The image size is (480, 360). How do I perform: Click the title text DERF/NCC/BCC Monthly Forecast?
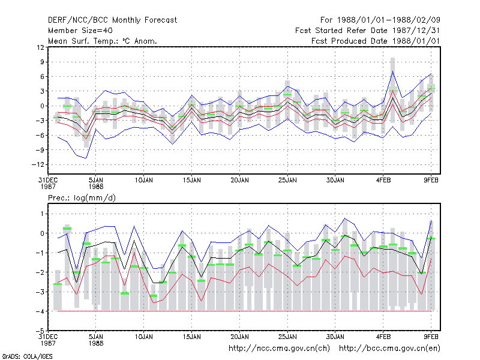coord(112,20)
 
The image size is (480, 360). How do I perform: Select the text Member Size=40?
coord(80,31)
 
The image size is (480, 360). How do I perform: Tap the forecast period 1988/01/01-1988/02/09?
coord(389,20)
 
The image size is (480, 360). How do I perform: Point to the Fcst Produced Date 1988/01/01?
coord(376,41)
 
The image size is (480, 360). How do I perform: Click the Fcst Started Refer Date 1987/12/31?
coord(368,31)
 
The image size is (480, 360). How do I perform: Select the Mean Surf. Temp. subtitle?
coord(103,41)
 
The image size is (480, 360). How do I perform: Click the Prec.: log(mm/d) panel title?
coord(82,198)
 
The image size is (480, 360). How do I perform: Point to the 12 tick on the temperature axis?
coord(40,47)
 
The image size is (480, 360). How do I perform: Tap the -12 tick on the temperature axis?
coord(38,164)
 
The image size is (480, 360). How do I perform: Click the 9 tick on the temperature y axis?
coord(42,62)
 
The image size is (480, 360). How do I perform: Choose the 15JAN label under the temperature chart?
coord(192,181)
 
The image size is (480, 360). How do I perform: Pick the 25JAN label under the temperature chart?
coord(287,181)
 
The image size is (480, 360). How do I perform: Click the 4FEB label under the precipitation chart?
coord(383,337)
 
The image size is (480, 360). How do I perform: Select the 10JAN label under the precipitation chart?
coord(144,337)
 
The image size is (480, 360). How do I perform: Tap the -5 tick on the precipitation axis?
coord(40,331)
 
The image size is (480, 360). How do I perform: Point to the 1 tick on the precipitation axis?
coord(43,214)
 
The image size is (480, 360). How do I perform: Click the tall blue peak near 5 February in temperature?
coord(392,71)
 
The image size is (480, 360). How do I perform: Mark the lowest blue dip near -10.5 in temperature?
coord(86,158)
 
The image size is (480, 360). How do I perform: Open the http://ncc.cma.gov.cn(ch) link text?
coord(279,349)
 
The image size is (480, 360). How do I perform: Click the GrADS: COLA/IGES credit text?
coord(27,356)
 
